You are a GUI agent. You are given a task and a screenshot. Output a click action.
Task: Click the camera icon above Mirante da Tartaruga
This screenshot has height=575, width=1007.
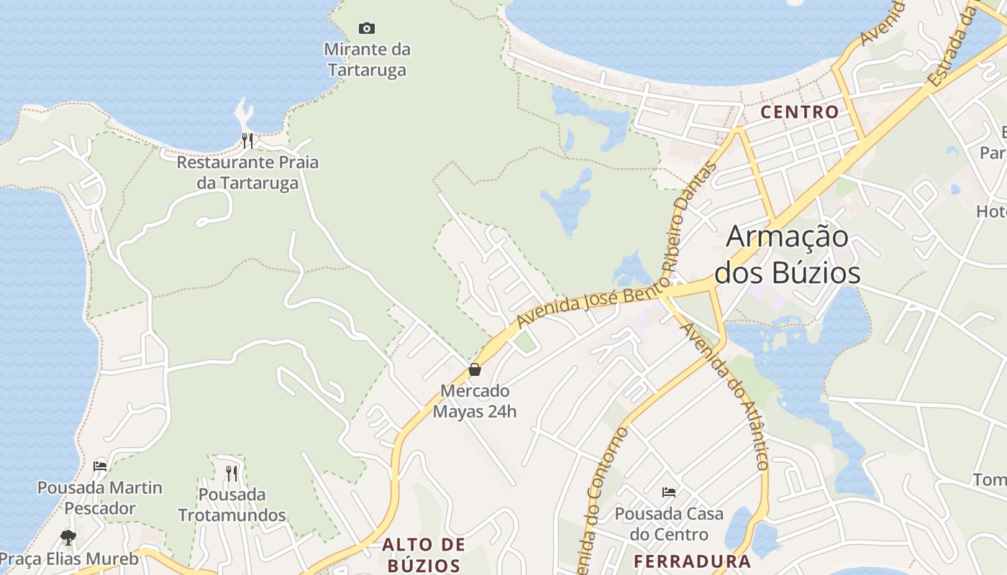tap(367, 29)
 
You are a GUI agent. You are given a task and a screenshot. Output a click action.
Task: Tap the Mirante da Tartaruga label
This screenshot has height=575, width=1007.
tap(367, 60)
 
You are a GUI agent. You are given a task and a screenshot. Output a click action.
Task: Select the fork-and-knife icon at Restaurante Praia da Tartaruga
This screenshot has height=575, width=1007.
tap(247, 140)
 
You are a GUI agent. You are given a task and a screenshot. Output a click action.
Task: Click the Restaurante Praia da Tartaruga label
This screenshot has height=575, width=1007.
tap(247, 172)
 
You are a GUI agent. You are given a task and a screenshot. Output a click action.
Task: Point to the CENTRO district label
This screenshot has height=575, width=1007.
tap(800, 112)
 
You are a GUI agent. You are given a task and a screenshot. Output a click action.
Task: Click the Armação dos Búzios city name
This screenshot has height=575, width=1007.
tap(787, 255)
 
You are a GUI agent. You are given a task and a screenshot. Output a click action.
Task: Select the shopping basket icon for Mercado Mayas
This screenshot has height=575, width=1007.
tap(475, 370)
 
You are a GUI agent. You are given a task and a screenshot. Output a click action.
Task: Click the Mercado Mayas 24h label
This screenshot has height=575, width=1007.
tap(475, 401)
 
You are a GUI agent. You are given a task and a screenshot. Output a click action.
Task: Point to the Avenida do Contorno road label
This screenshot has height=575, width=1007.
tap(603, 496)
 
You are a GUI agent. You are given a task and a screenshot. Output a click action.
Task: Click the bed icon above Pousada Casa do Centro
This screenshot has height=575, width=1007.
tap(669, 492)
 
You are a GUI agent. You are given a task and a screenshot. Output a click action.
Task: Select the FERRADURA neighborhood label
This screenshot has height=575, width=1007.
tap(692, 561)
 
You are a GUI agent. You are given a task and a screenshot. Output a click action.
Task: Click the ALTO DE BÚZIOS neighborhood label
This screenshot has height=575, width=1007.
tap(424, 554)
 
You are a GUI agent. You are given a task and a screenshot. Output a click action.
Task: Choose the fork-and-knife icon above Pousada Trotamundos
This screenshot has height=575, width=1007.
tap(232, 473)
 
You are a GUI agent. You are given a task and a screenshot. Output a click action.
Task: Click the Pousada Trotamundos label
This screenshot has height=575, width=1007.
tap(232, 505)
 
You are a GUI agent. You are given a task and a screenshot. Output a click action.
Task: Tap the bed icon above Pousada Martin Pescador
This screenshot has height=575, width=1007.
tap(100, 466)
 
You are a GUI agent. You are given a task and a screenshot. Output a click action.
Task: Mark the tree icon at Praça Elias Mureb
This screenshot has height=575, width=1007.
tap(68, 537)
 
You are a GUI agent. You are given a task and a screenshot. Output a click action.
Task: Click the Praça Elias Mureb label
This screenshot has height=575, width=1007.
tap(68, 558)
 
